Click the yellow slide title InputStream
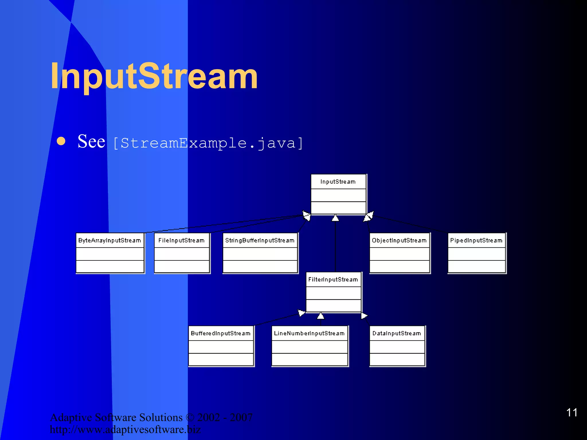154,76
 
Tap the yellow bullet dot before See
61,141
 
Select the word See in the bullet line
91,142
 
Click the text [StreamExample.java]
208,143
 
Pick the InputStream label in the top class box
338,182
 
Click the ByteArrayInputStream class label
110,240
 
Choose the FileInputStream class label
181,240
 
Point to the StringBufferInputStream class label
260,240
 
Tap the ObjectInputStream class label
399,240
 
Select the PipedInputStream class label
476,240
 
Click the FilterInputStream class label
333,280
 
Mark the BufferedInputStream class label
221,333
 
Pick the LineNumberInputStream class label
309,333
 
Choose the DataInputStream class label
397,333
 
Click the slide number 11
572,412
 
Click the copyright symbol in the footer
190,417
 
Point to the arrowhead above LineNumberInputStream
321,316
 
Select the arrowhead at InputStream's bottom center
335,218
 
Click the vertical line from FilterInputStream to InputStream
335,246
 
